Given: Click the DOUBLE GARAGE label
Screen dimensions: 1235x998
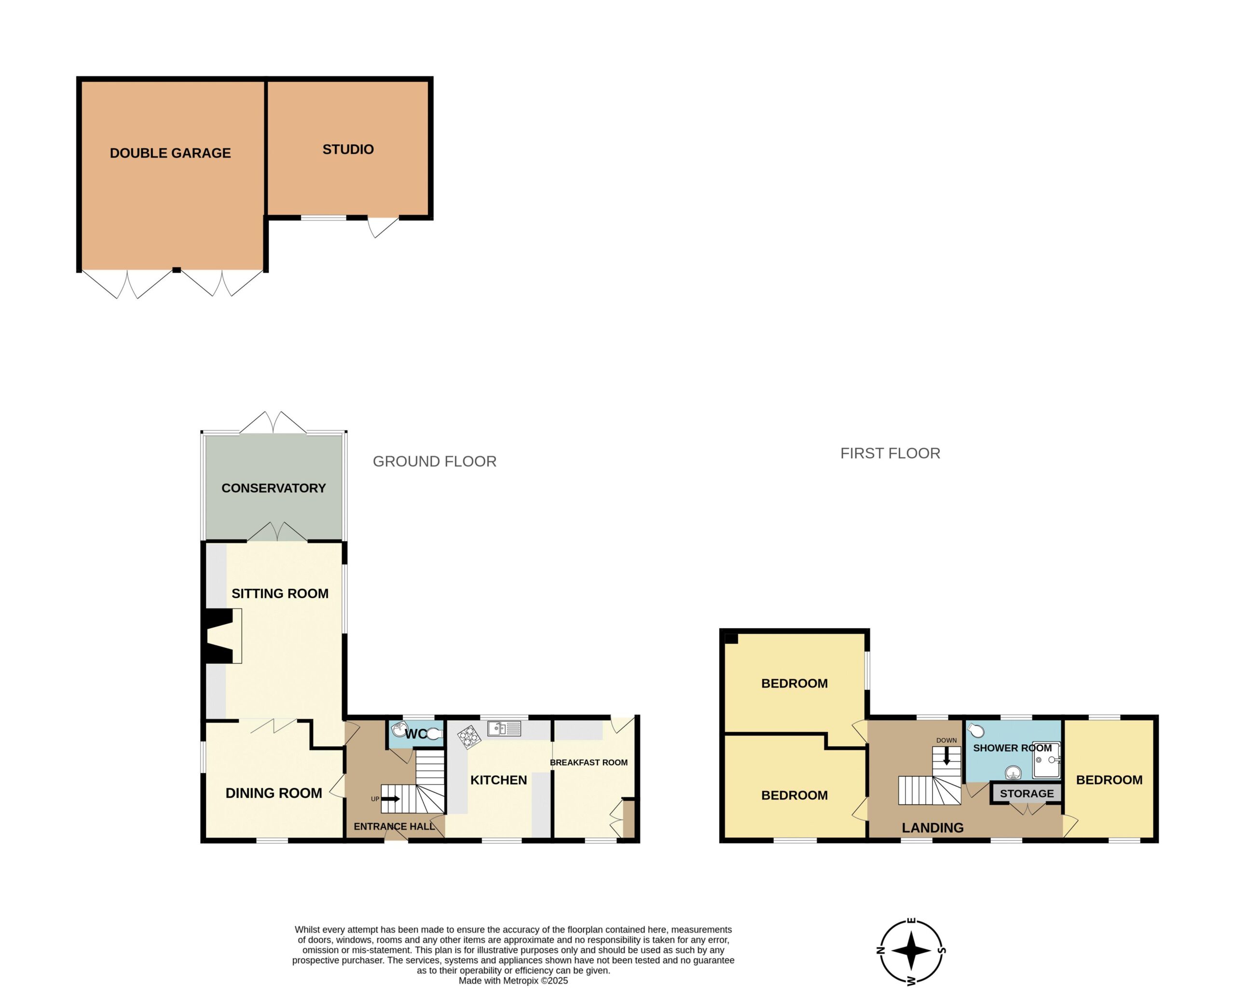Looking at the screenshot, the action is [x=170, y=153].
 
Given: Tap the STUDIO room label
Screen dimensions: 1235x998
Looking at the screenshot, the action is [x=348, y=150].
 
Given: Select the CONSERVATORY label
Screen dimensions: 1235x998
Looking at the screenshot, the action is [x=274, y=488].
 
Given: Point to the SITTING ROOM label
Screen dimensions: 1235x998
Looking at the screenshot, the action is [x=280, y=593].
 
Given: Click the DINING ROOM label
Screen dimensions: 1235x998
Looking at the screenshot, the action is [x=274, y=793].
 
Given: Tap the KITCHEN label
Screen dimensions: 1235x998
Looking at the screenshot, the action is [x=498, y=780].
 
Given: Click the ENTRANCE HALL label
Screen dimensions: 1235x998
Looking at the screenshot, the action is [x=395, y=827].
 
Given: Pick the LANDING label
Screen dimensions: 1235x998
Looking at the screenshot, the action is [x=933, y=828].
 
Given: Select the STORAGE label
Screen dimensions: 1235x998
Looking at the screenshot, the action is [x=1027, y=794].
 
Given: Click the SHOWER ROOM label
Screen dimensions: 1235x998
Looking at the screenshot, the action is [x=1013, y=748].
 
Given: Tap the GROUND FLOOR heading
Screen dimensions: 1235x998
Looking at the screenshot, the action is [x=435, y=462].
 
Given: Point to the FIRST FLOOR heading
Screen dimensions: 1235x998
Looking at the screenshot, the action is [x=890, y=453].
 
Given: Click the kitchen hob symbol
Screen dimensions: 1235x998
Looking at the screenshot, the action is [x=469, y=738].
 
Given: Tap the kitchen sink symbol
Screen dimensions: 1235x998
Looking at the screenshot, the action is [x=504, y=729].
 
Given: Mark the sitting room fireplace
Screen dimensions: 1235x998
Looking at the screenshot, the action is [x=221, y=636].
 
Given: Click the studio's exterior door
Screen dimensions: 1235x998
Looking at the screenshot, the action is [x=384, y=227].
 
